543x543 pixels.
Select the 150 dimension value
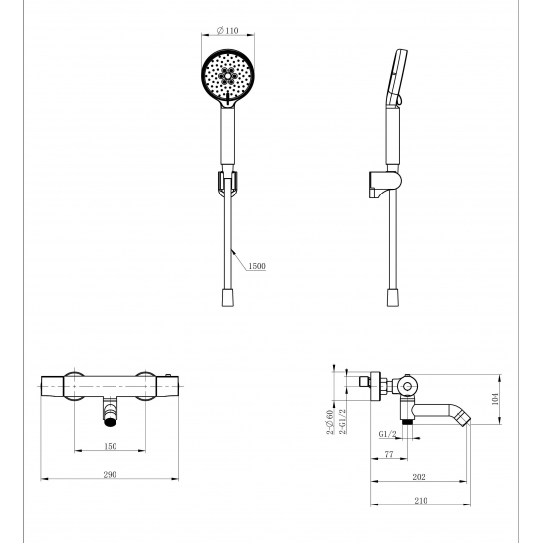[110, 446]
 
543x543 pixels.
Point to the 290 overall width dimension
[110, 475]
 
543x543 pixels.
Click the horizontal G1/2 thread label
[386, 432]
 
